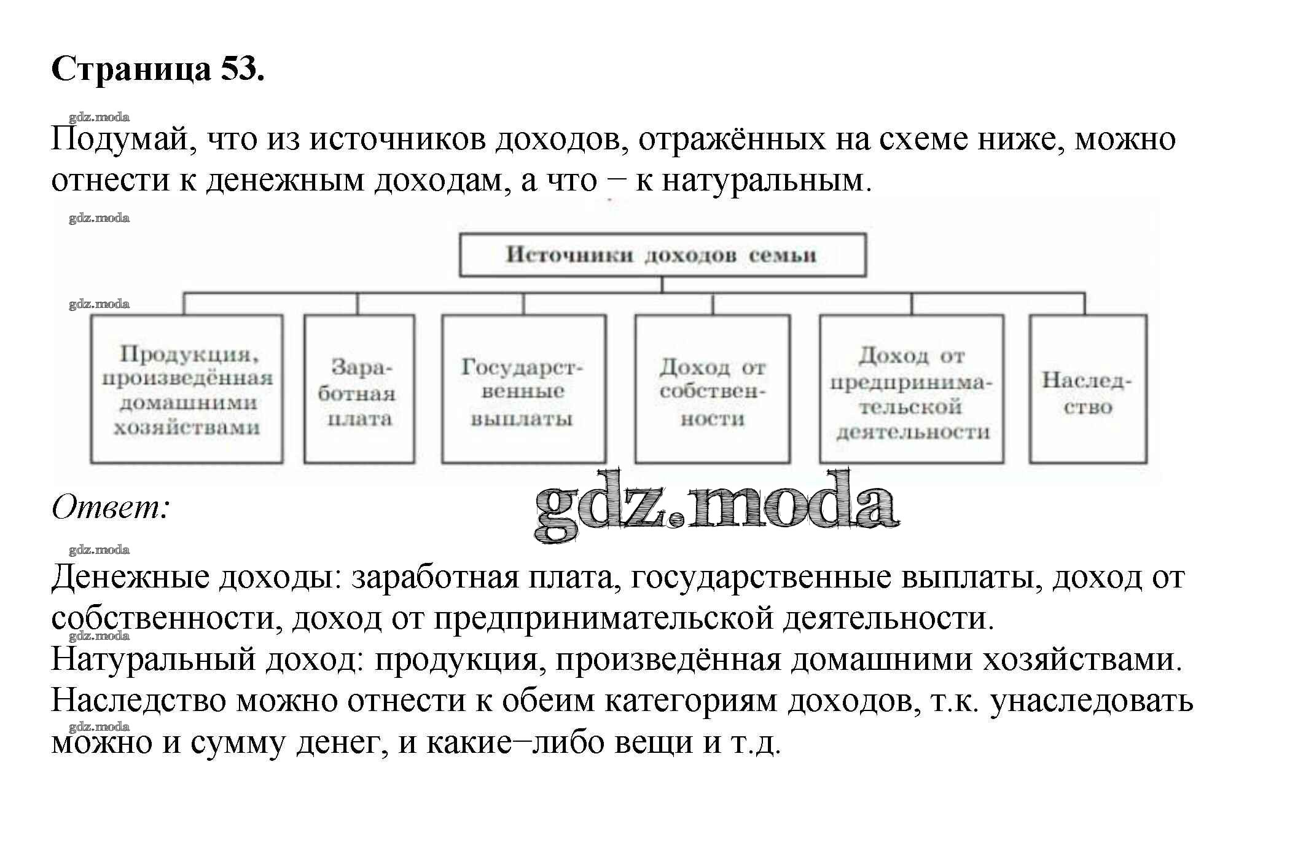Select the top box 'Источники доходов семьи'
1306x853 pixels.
pos(662,255)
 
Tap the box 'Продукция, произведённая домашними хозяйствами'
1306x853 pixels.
pos(187,390)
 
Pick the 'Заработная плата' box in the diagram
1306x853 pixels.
pos(359,390)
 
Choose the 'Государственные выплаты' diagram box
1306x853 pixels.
pos(523,390)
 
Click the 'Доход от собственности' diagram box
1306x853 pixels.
pos(712,390)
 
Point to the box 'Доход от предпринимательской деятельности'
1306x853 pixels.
pos(912,390)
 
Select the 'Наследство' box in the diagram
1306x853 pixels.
pos(1087,390)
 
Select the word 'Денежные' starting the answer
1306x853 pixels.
pos(130,578)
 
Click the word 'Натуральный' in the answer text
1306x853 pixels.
pos(153,660)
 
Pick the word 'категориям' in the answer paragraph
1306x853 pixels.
pos(691,701)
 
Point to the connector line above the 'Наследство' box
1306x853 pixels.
pos(1084,304)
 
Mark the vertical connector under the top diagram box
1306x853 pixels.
pos(662,285)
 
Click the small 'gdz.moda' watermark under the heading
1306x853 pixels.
pos(99,117)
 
